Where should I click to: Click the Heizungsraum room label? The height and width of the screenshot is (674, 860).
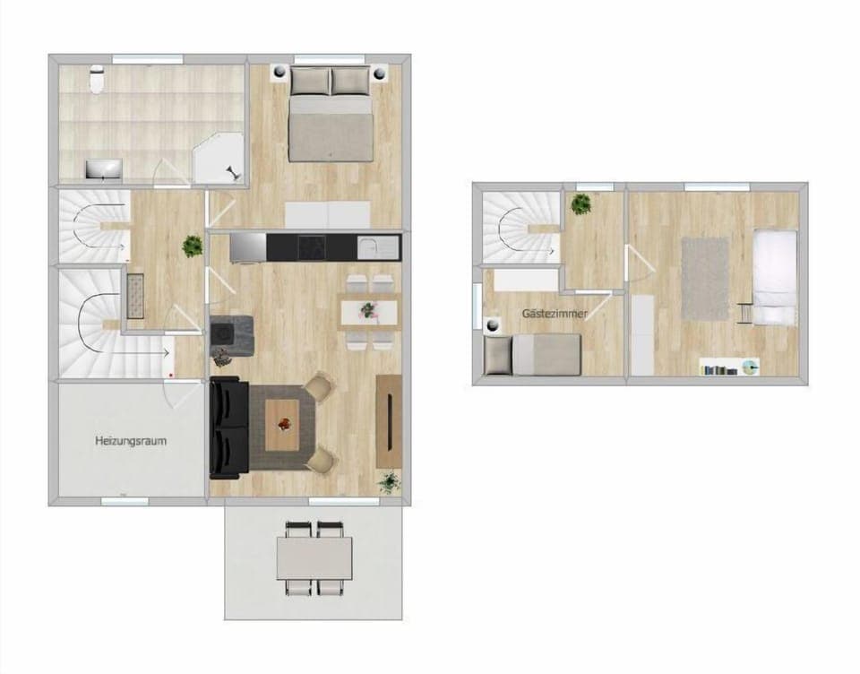tap(131, 441)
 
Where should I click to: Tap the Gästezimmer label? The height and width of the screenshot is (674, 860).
tap(555, 314)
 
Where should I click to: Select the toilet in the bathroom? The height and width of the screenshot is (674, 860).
tap(97, 82)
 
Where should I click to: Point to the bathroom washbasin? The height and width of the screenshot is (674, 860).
tap(104, 168)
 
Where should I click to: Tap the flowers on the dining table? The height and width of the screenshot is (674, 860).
tap(368, 310)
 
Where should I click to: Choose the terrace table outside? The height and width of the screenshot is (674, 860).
tap(314, 557)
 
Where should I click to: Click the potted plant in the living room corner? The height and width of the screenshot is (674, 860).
tap(389, 482)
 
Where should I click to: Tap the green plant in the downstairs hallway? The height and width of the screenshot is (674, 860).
tap(192, 245)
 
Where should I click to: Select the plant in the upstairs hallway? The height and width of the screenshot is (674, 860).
tap(583, 203)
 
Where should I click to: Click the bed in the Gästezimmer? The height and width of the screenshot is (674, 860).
tap(533, 354)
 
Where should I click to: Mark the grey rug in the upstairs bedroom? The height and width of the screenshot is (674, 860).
tap(705, 277)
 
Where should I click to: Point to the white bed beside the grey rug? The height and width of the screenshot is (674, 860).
tap(775, 276)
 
